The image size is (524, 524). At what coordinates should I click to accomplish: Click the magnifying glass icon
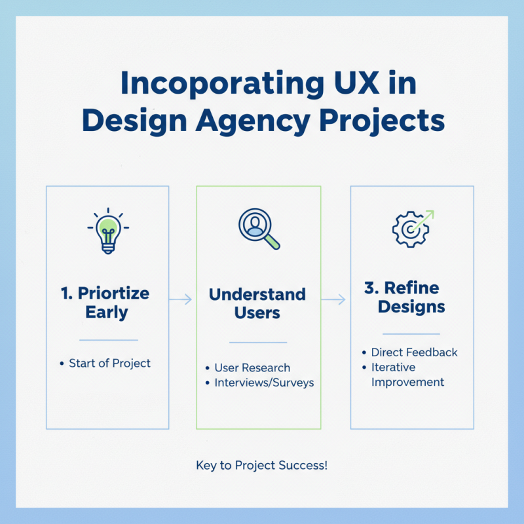pos(257,229)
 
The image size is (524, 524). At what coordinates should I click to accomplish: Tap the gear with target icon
pos(411,229)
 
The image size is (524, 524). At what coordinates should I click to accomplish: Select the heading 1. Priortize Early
pos(106,302)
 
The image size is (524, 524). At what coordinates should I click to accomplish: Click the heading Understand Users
pos(257,303)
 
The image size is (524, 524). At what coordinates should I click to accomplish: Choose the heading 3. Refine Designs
pos(411,297)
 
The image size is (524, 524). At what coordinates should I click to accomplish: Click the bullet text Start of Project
pos(109,363)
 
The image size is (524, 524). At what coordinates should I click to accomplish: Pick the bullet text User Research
pos(252,367)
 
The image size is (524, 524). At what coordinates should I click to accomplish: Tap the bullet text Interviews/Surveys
pos(264,382)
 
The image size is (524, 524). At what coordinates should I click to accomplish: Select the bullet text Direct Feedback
pos(414,352)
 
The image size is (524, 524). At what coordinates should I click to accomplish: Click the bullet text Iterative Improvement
pos(407,375)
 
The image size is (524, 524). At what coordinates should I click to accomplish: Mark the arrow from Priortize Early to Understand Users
pos(181,299)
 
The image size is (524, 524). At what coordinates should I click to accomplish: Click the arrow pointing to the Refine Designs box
pos(334,299)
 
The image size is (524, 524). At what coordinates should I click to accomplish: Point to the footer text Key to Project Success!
pos(261,466)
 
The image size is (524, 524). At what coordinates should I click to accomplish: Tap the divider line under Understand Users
pos(258,342)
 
